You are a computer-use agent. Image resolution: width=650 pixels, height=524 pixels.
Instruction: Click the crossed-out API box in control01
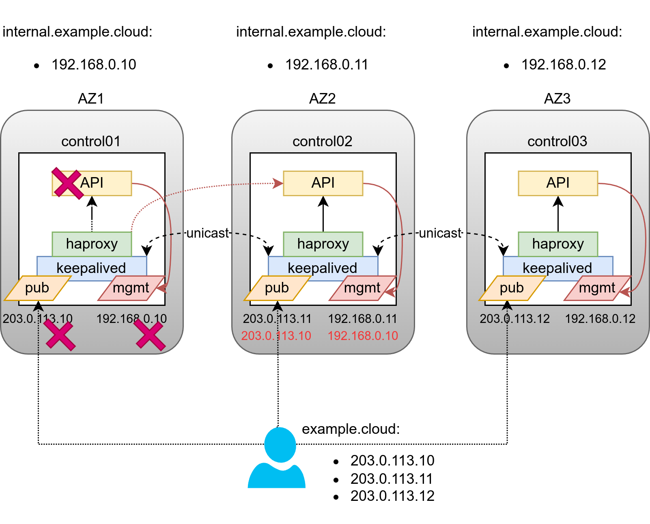pyautogui.click(x=92, y=183)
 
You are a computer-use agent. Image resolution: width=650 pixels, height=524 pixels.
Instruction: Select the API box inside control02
pyautogui.click(x=323, y=183)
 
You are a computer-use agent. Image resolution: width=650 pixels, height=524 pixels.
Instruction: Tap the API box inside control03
pyautogui.click(x=558, y=183)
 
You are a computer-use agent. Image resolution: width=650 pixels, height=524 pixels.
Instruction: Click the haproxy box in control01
pyautogui.click(x=92, y=244)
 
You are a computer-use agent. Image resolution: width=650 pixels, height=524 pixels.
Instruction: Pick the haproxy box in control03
pyautogui.click(x=558, y=244)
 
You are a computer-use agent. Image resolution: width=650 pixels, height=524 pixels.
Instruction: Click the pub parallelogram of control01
pyautogui.click(x=37, y=288)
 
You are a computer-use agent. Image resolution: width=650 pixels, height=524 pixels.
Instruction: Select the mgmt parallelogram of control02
pyautogui.click(x=362, y=288)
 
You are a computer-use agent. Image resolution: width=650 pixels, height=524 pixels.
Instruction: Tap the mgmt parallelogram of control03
pyautogui.click(x=597, y=288)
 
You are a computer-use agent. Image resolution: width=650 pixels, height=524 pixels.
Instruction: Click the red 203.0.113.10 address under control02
pyautogui.click(x=276, y=336)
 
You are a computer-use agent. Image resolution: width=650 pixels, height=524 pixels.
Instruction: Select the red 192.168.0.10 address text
pyautogui.click(x=363, y=336)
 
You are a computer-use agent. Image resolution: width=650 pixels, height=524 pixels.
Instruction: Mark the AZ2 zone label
pyautogui.click(x=323, y=99)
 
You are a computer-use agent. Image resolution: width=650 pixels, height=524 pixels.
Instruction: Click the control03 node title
pyautogui.click(x=557, y=141)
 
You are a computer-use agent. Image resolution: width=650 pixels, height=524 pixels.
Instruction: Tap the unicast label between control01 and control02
pyautogui.click(x=208, y=233)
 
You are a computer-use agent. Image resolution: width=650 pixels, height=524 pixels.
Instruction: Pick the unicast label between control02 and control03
pyautogui.click(x=440, y=233)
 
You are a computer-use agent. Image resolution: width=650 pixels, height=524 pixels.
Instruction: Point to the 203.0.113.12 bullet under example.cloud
pyautogui.click(x=392, y=496)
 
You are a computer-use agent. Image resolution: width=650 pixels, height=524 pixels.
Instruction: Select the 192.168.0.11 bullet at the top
pyautogui.click(x=327, y=65)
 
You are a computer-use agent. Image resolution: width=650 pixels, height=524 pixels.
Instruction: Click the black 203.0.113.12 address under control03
pyautogui.click(x=514, y=318)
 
